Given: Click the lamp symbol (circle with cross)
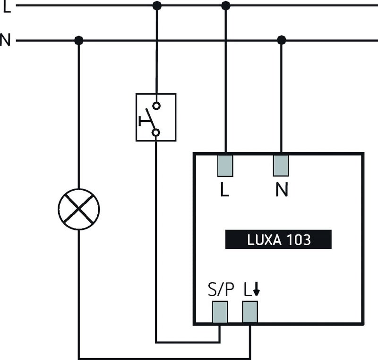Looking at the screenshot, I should pyautogui.click(x=79, y=209).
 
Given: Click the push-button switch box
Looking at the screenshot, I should pyautogui.click(x=156, y=117).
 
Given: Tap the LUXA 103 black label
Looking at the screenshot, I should pyautogui.click(x=278, y=239).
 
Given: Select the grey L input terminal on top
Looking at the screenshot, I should pyautogui.click(x=225, y=166).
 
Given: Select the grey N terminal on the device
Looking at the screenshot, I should pyautogui.click(x=281, y=166).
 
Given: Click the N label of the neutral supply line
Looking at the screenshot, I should pyautogui.click(x=5, y=40).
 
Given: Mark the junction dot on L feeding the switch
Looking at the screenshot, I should pyautogui.click(x=157, y=6).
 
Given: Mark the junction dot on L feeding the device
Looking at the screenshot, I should pyautogui.click(x=225, y=6).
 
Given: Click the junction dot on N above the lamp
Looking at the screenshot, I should pyautogui.click(x=79, y=41).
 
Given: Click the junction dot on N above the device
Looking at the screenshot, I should pyautogui.click(x=282, y=41).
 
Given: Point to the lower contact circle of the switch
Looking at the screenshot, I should pyautogui.click(x=155, y=132).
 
